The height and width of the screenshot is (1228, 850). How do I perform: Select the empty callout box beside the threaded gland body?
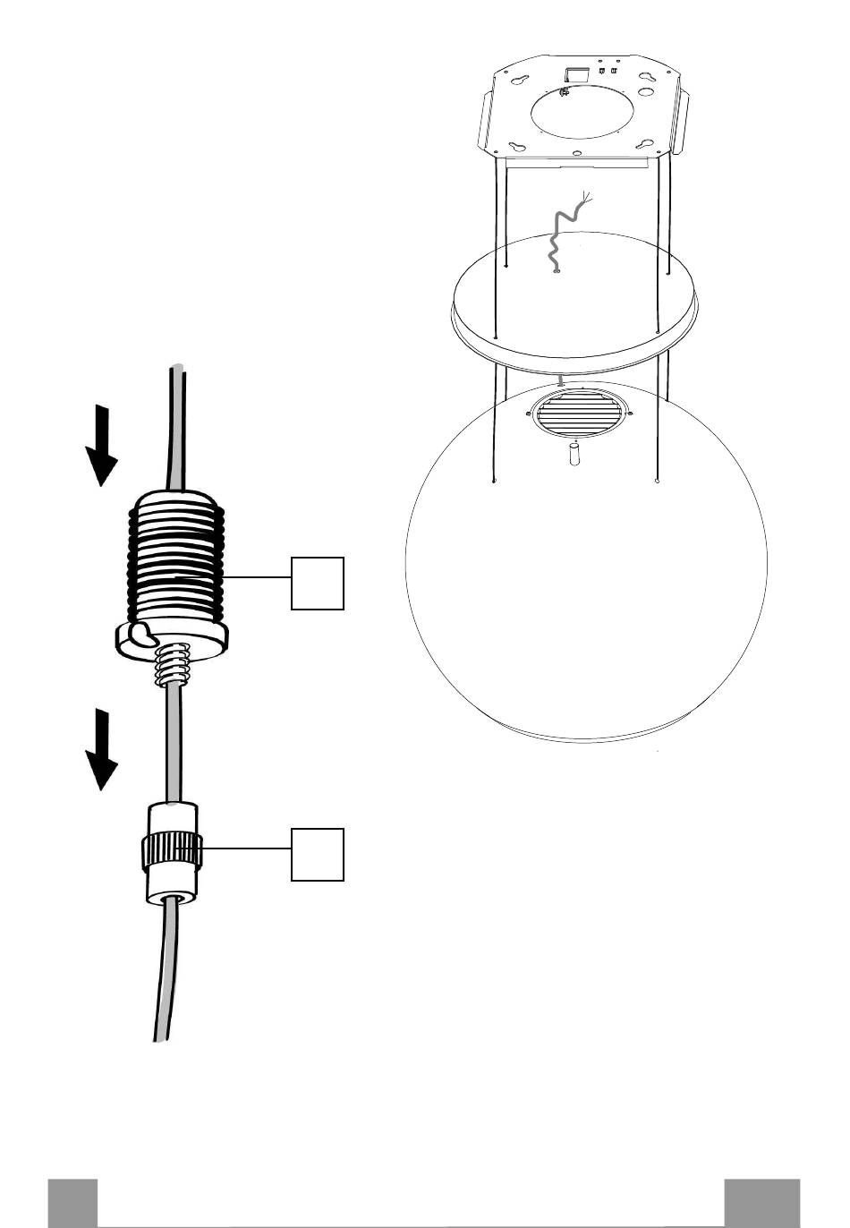point(318,583)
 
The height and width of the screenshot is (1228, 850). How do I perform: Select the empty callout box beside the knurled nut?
point(318,854)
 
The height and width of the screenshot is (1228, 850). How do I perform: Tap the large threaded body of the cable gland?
point(175,555)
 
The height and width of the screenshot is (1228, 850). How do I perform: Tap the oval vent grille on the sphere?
point(579,414)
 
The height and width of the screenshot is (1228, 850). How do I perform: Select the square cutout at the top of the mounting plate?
point(575,72)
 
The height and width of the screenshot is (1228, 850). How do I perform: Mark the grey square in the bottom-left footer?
point(72,1203)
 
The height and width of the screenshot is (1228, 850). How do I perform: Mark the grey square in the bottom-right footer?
point(761,1203)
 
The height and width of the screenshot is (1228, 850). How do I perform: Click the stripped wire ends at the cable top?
point(587,199)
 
